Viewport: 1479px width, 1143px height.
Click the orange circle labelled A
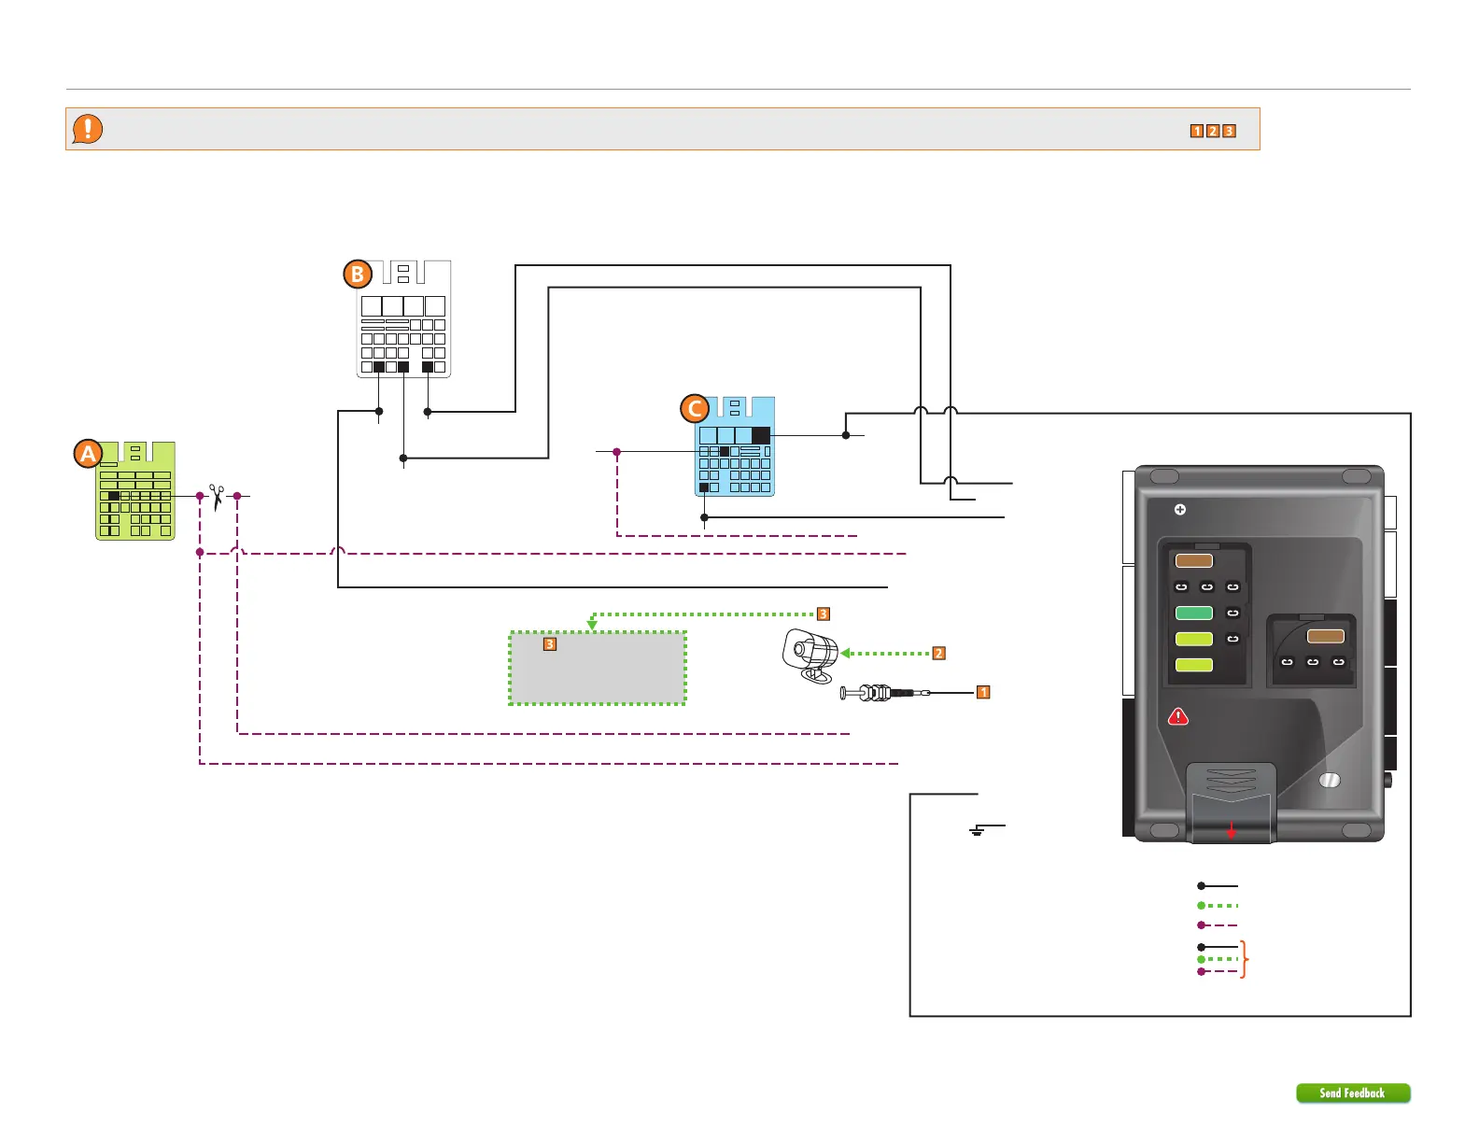(88, 454)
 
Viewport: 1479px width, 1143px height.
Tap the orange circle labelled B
(358, 275)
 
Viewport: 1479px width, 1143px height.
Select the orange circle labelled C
(695, 408)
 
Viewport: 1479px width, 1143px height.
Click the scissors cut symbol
(218, 497)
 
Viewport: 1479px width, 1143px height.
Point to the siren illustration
(810, 655)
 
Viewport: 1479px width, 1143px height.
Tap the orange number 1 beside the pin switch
(983, 692)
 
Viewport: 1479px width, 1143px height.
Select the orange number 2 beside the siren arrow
(938, 654)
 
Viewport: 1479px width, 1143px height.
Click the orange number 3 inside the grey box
(549, 644)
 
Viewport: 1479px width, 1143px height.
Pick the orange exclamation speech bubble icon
(88, 129)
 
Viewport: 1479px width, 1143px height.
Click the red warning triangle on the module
(1178, 717)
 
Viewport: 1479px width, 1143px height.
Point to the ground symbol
(977, 831)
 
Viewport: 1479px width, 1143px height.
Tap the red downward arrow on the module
(1231, 830)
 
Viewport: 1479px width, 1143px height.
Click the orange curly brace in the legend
(1244, 959)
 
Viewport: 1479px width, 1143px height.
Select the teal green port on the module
(1194, 613)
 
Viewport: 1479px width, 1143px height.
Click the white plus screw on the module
(1179, 510)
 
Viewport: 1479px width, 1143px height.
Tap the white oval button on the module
(1330, 781)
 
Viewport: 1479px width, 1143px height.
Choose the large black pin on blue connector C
(760, 435)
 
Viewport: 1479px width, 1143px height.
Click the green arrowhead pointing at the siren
(845, 654)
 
